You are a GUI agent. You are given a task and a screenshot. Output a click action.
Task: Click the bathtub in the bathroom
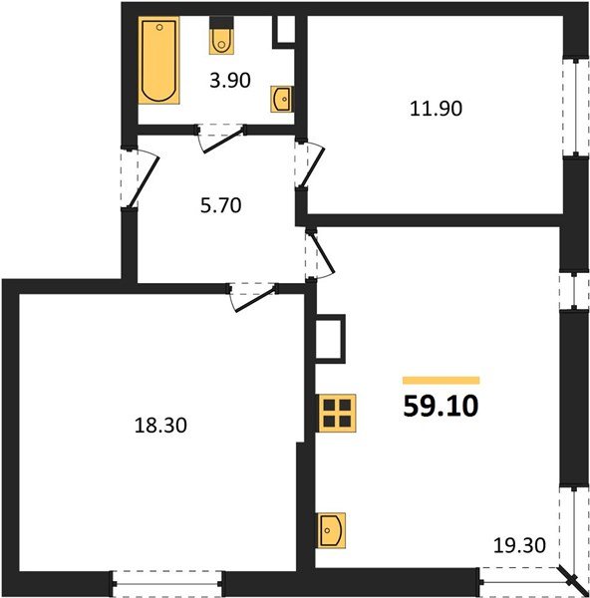[x=159, y=62]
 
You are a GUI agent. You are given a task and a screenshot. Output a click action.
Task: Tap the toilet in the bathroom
[x=221, y=40]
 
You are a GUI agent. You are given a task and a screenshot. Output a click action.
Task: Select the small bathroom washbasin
[x=282, y=98]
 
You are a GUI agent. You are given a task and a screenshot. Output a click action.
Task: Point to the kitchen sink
[x=331, y=529]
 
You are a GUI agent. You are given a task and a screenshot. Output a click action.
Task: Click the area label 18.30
[x=160, y=426]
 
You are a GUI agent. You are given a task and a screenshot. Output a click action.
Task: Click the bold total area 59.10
[x=441, y=407]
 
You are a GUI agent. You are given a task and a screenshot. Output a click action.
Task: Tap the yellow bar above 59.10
[x=441, y=380]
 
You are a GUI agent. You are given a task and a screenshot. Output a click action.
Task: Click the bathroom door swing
[x=221, y=137]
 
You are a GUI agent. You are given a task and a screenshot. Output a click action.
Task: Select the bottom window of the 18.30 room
[x=166, y=582]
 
